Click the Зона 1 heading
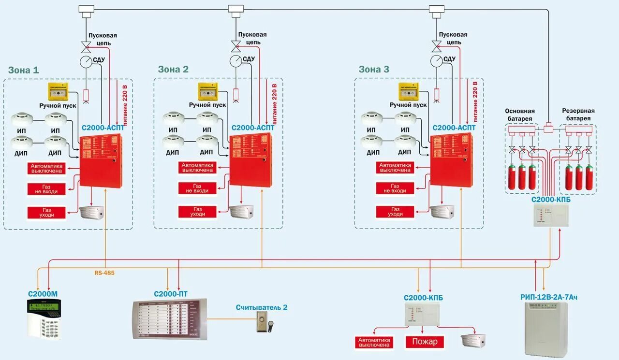[23, 70]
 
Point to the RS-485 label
[104, 273]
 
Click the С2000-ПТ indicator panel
[170, 319]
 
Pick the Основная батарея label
[520, 115]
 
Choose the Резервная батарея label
[578, 115]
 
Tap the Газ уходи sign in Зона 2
[197, 212]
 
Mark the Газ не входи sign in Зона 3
[396, 188]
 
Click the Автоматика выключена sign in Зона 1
[46, 168]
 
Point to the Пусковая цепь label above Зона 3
[453, 39]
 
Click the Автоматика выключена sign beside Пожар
[374, 342]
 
